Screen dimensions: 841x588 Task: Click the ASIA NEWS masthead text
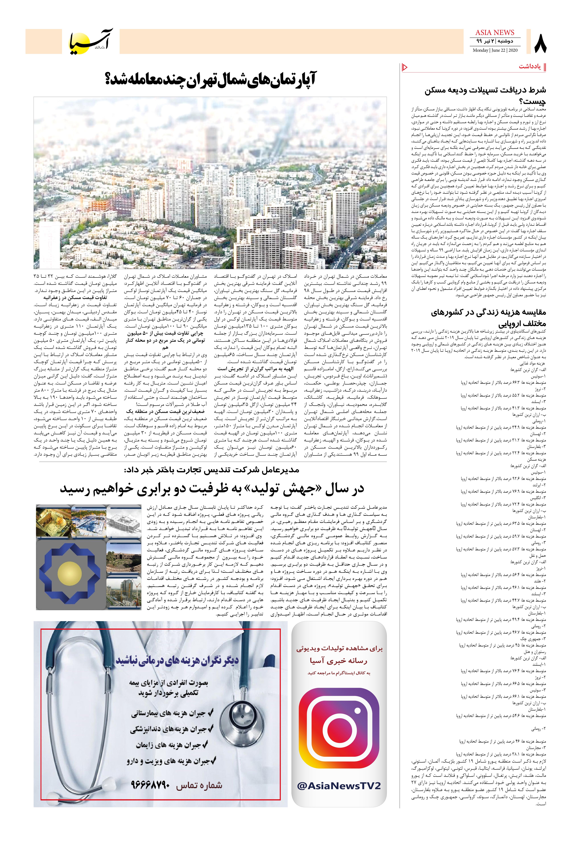(495, 33)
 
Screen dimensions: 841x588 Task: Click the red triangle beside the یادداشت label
(405, 67)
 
